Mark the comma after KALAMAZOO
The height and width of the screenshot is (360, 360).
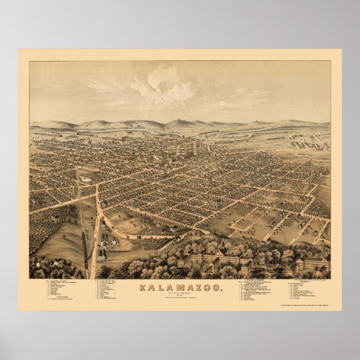[220, 291]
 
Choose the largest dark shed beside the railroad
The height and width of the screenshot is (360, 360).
[102, 254]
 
